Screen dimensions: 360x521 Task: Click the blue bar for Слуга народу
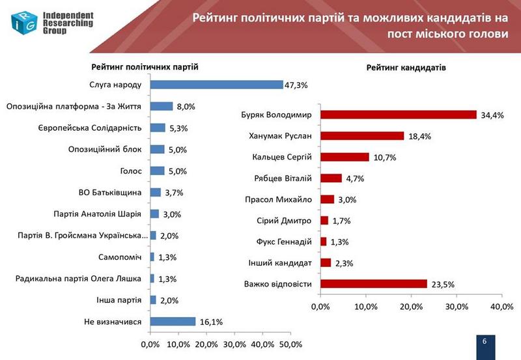[216, 85]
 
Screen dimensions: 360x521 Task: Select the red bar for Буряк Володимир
[398, 115]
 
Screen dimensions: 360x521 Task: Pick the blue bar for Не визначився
[173, 321]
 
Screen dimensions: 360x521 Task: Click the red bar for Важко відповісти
[373, 284]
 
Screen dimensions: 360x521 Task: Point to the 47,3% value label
[296, 85]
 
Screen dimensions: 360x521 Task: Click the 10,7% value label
[383, 158]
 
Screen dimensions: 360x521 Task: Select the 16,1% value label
[208, 321]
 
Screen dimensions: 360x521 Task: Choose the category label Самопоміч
[120, 256]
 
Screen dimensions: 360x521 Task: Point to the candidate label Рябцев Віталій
[283, 178]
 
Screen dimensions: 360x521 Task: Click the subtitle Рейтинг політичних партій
[145, 67]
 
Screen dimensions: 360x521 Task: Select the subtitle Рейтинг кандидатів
[406, 68]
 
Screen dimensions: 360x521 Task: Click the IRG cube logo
[23, 21]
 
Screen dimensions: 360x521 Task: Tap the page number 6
[485, 342]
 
